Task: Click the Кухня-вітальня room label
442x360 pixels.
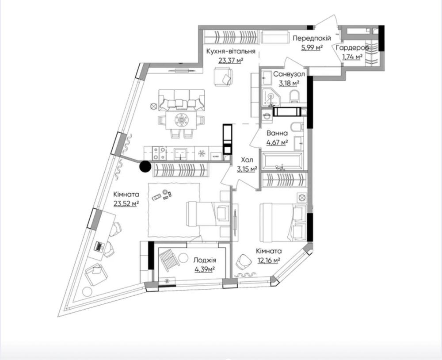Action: (x=231, y=52)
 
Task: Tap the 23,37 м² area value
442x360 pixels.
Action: (x=231, y=61)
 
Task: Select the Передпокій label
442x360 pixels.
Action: (x=312, y=38)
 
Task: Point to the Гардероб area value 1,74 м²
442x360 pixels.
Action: (x=352, y=57)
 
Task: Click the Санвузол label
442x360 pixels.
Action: (x=289, y=74)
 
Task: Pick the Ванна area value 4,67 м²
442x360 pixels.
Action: (x=277, y=142)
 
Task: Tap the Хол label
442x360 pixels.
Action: (x=247, y=160)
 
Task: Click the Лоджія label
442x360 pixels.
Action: (x=205, y=260)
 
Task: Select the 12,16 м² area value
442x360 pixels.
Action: (x=269, y=260)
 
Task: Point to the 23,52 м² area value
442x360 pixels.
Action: (x=126, y=203)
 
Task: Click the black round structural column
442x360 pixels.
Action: (x=145, y=166)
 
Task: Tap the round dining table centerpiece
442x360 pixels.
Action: (x=181, y=120)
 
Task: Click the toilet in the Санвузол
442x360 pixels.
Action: (x=295, y=96)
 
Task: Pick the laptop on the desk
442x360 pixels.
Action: (x=99, y=246)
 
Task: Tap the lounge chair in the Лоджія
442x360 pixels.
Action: (x=169, y=260)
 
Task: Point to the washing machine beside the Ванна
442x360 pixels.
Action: (x=267, y=115)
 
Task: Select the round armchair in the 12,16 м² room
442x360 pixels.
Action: (x=243, y=261)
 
